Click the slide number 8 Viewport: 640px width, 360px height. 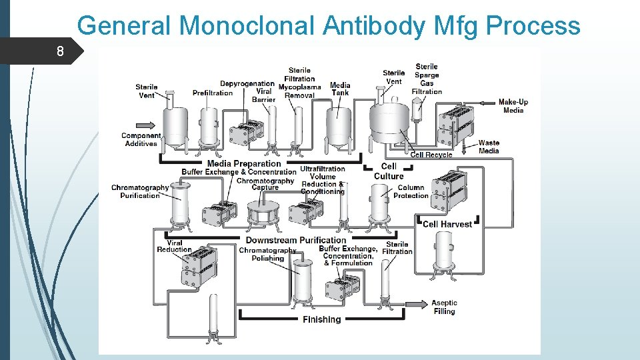click(x=61, y=51)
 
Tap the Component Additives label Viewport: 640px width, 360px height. click(x=141, y=139)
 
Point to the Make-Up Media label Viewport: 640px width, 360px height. click(x=514, y=106)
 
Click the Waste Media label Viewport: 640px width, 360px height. click(x=489, y=147)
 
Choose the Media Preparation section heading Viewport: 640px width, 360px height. click(x=244, y=163)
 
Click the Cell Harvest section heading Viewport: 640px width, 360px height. click(x=447, y=224)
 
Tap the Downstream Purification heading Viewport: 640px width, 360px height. click(x=296, y=240)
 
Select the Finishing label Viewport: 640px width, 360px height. click(x=321, y=319)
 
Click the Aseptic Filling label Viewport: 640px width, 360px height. click(x=443, y=307)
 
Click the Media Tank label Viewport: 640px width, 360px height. click(x=340, y=89)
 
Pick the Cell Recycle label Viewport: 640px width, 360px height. click(x=431, y=155)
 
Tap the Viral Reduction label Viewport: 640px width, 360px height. click(x=174, y=247)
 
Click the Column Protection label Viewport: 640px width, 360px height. click(x=411, y=191)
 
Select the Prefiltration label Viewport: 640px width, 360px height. click(x=213, y=93)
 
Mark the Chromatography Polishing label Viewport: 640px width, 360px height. click(x=267, y=254)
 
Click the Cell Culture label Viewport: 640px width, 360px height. click(x=389, y=171)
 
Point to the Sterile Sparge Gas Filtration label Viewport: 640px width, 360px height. click(x=427, y=79)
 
